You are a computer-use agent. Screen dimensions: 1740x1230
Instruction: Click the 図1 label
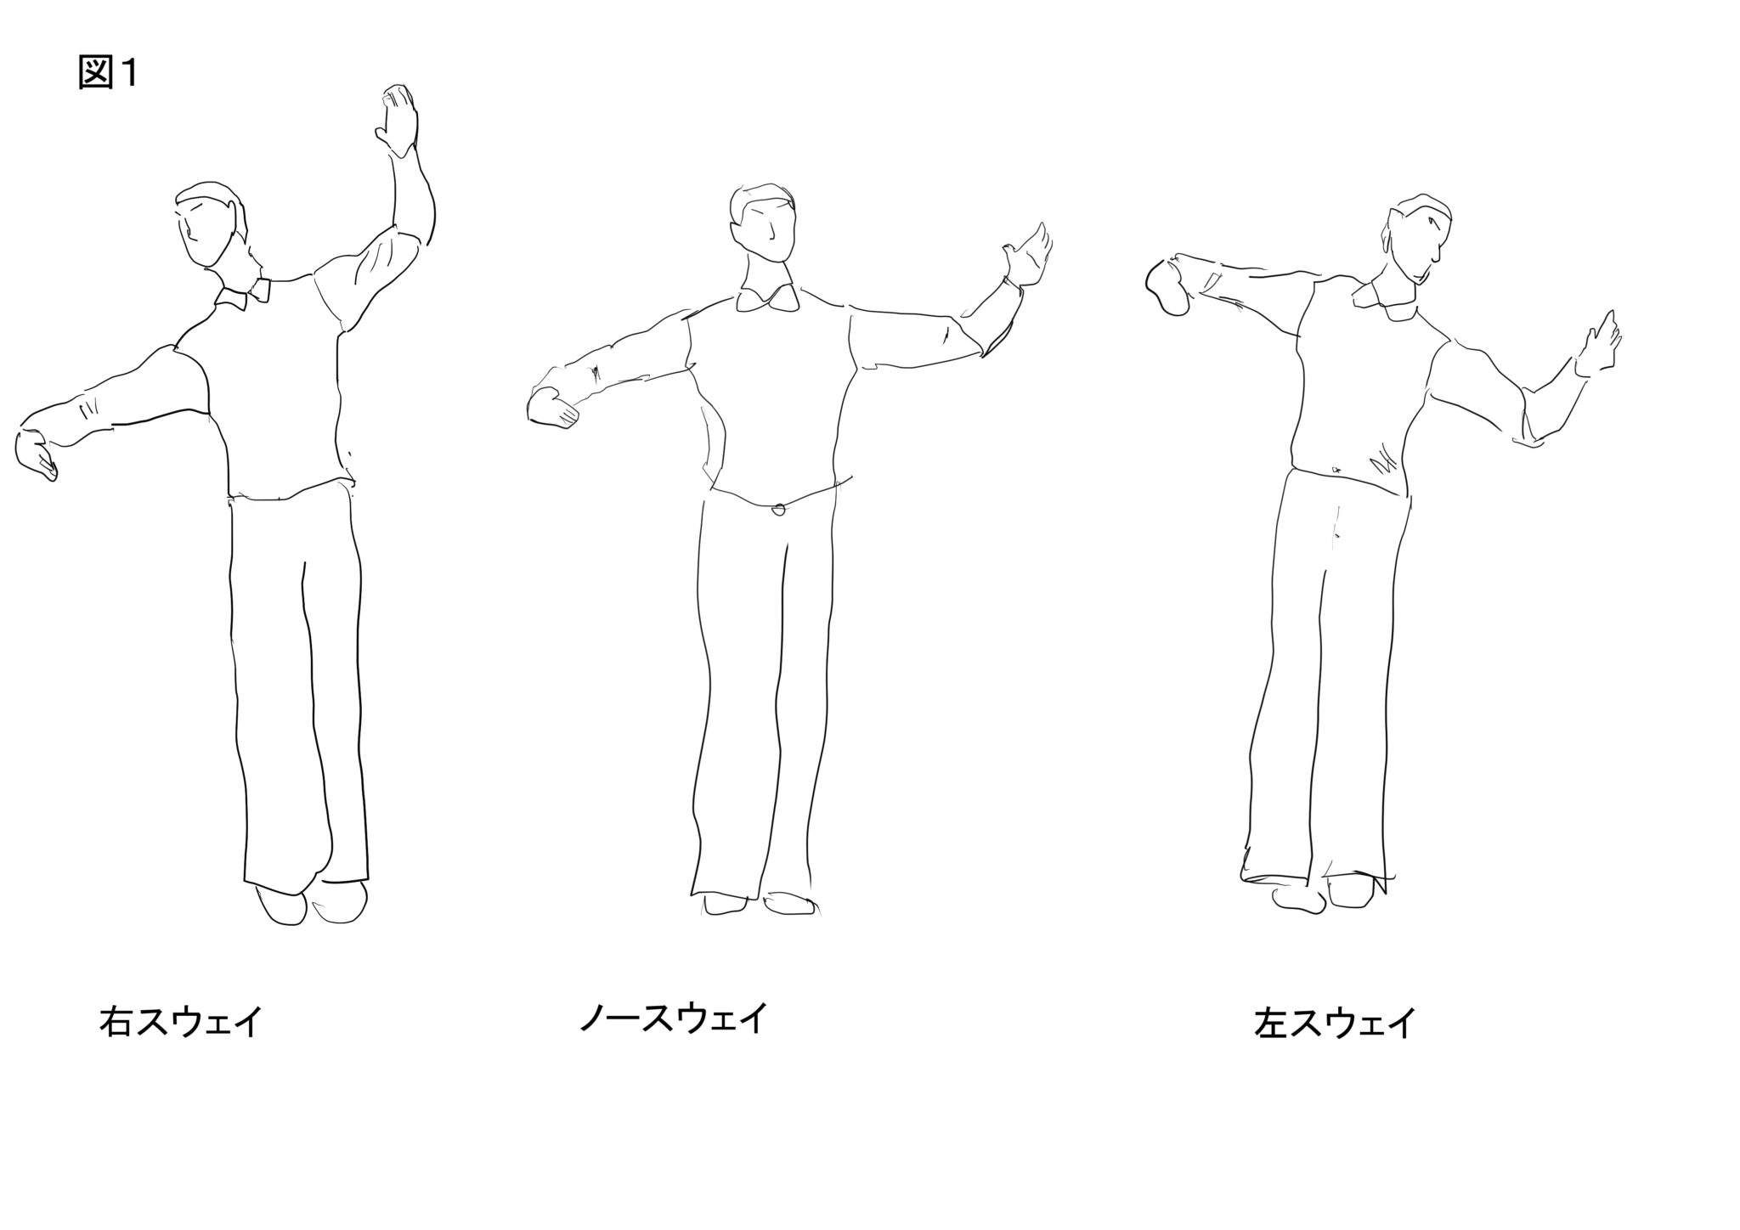(107, 74)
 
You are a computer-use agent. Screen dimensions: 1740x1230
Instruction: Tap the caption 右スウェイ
(179, 1022)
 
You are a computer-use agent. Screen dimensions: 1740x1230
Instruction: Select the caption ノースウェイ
(673, 1018)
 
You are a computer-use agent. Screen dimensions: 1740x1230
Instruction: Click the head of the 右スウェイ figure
(211, 225)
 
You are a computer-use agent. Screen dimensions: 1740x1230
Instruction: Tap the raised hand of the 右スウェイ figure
(398, 120)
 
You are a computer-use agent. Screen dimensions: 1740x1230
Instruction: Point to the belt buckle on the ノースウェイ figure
(778, 510)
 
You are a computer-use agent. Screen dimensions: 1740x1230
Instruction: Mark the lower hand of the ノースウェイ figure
(552, 407)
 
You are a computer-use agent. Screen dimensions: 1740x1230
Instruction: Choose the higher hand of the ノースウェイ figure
(1028, 254)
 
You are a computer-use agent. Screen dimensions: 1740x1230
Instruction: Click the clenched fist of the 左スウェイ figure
(1170, 286)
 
